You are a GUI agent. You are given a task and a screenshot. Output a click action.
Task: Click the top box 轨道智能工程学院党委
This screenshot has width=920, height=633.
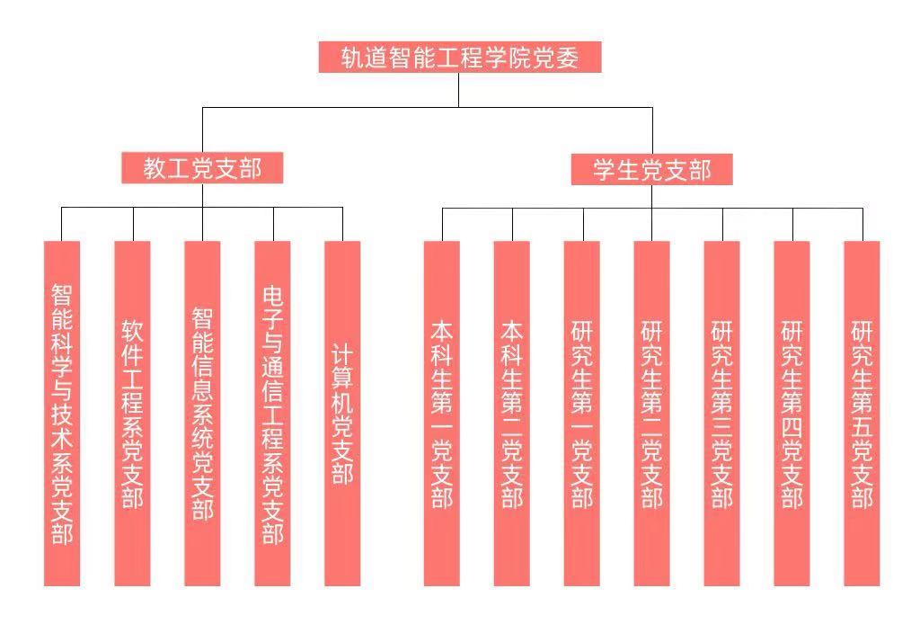[459, 58]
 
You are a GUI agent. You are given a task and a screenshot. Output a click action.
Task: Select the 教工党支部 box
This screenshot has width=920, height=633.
[202, 168]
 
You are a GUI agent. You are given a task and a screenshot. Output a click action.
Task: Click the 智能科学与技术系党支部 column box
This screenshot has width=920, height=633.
[62, 414]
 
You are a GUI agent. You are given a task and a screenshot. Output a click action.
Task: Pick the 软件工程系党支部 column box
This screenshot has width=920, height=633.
[132, 414]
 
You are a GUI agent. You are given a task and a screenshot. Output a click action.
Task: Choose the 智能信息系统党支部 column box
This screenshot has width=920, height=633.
[202, 414]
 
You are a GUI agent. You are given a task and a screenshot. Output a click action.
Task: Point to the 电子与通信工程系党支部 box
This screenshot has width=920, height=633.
[272, 414]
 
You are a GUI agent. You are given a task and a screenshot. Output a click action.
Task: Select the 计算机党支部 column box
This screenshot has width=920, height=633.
[342, 414]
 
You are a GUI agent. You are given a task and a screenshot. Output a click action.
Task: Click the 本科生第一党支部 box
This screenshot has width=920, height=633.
[441, 414]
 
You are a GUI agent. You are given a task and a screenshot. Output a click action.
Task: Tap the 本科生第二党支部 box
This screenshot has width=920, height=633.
[511, 414]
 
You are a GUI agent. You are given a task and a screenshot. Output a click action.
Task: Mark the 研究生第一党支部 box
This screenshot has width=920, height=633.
[581, 414]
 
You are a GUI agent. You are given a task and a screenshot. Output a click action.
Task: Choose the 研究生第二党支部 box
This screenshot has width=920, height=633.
[651, 414]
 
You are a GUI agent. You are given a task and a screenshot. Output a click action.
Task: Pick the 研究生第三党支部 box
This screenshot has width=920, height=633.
[721, 414]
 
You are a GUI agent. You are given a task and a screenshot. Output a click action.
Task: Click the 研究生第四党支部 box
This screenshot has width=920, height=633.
[792, 414]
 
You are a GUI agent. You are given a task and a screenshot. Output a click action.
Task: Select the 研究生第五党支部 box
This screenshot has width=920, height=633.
[862, 414]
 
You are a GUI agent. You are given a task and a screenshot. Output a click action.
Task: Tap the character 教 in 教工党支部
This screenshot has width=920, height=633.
[155, 168]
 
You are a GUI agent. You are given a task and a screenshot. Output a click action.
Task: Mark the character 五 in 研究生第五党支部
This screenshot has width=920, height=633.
[862, 423]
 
